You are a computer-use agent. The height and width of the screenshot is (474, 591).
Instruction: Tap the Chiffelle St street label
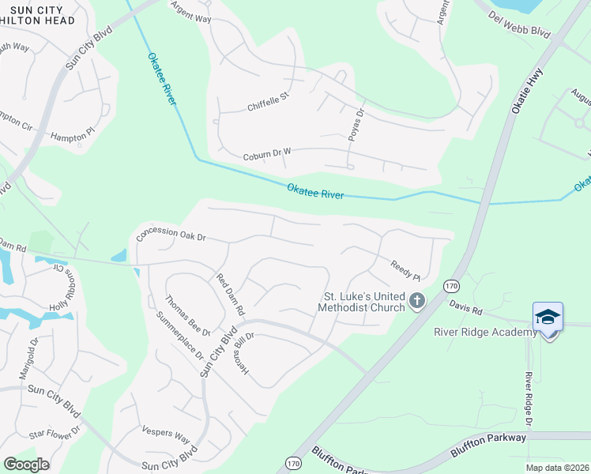pyautogui.click(x=269, y=100)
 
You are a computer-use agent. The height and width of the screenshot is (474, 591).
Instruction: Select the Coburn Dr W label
pyautogui.click(x=267, y=155)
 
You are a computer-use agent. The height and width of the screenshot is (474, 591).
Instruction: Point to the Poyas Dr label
pyautogui.click(x=355, y=125)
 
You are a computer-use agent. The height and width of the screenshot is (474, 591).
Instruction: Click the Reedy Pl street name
pyautogui.click(x=405, y=269)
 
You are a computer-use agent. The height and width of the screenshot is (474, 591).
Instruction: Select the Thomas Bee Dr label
pyautogui.click(x=187, y=315)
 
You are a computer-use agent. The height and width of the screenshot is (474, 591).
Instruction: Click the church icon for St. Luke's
pyautogui.click(x=416, y=301)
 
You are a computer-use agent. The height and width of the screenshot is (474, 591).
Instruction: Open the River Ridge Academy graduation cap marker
pyautogui.click(x=548, y=318)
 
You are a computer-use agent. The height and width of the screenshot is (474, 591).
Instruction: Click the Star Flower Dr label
pyautogui.click(x=55, y=434)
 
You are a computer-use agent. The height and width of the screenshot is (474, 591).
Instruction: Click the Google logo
pyautogui.click(x=26, y=465)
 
